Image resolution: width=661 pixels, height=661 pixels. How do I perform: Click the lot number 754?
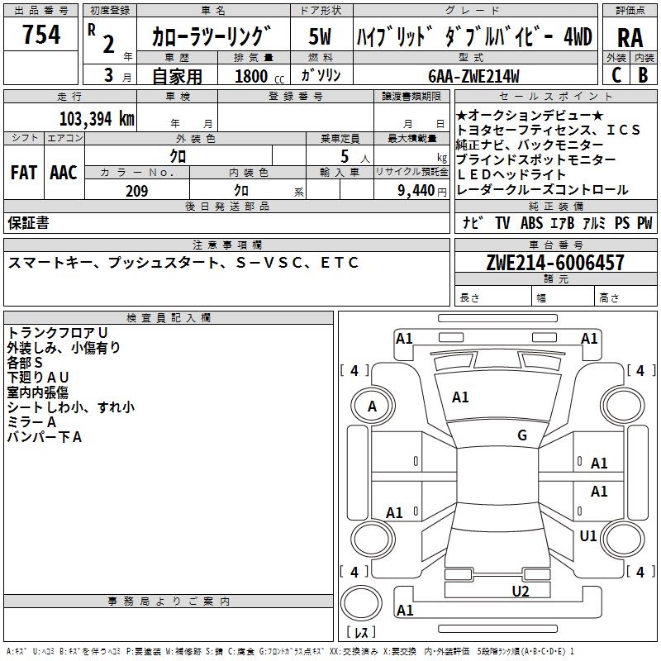[41, 36]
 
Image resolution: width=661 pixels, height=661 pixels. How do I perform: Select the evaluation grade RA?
[630, 37]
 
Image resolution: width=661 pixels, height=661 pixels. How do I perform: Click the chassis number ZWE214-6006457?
[555, 264]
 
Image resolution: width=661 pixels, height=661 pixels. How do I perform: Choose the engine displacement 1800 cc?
[253, 76]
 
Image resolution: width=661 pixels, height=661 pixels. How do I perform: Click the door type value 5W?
[320, 37]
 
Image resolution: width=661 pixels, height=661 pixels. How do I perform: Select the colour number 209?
[136, 191]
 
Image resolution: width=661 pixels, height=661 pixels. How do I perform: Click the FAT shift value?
[24, 173]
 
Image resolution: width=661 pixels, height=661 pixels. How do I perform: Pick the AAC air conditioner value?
[64, 173]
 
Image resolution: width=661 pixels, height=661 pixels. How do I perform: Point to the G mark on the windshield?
[522, 435]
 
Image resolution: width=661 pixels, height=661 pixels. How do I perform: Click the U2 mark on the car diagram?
[520, 591]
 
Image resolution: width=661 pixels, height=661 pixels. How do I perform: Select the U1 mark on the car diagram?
[588, 536]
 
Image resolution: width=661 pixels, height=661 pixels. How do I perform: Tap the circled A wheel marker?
[372, 406]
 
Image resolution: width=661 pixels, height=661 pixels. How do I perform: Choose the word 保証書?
[28, 222]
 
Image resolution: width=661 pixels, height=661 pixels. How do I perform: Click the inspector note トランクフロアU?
[57, 332]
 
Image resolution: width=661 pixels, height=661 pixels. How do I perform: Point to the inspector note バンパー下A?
[45, 437]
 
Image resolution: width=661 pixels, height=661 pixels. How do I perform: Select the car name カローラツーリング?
[212, 37]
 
